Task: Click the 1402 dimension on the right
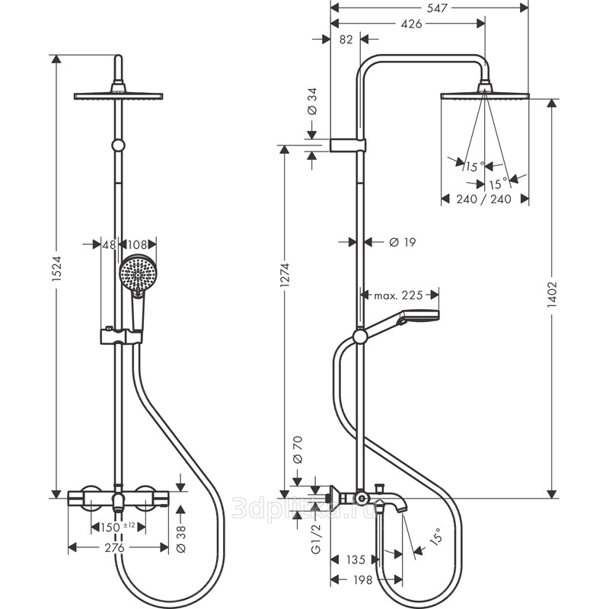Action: (553, 295)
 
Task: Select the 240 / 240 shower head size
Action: (485, 199)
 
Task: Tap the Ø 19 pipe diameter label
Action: (402, 242)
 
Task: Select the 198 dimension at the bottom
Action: (364, 580)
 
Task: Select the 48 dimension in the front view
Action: (109, 245)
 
